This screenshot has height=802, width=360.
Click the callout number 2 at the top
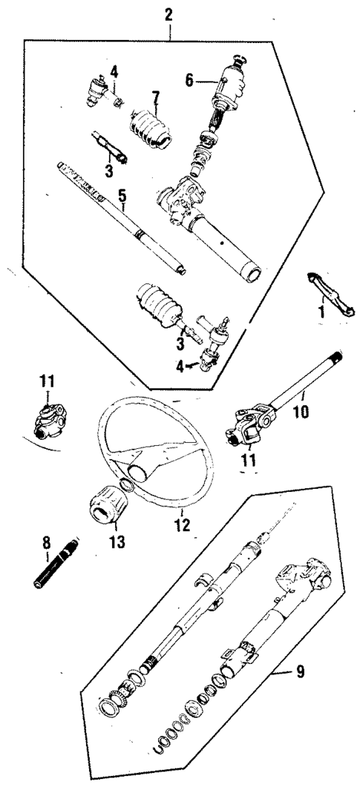tap(169, 13)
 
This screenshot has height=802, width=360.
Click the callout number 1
tap(321, 312)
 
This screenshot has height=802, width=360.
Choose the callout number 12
tap(182, 525)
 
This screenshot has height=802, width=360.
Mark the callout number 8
tap(46, 552)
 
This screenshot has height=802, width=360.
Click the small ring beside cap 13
tap(127, 487)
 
